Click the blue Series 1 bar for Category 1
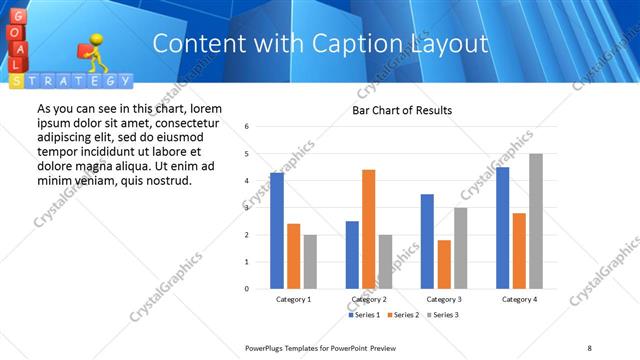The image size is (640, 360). coord(277,230)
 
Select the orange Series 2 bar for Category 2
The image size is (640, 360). coord(368,229)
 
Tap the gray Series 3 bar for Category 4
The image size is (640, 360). coord(536,221)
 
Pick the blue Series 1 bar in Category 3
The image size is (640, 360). coord(427,241)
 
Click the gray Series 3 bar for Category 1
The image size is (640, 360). coord(310,261)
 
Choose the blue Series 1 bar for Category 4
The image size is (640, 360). coord(502,227)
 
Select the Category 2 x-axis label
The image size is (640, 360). coord(369,299)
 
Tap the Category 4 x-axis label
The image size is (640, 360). coord(519,299)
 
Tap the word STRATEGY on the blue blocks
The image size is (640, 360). coord(76,80)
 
